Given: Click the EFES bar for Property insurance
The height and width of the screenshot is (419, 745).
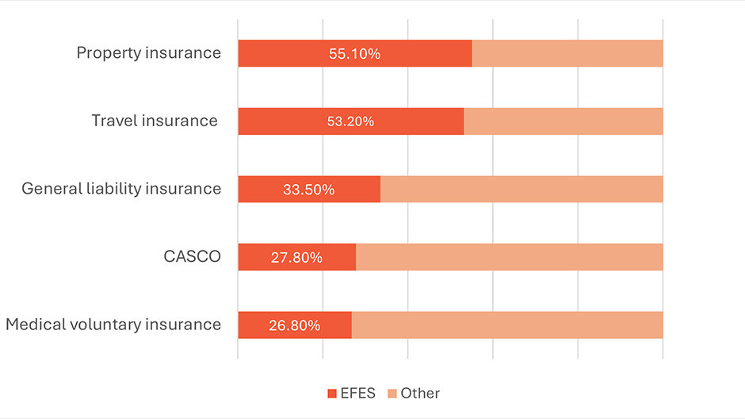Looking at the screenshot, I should point(277,53).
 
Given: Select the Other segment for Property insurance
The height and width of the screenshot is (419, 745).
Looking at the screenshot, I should point(567,53).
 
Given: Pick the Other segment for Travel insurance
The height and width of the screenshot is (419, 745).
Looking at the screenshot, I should point(563,121).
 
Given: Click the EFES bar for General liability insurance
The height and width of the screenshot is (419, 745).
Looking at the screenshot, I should point(262,190).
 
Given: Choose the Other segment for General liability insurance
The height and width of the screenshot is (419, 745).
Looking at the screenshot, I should point(521,190).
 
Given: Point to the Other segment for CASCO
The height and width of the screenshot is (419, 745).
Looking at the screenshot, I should point(509,257).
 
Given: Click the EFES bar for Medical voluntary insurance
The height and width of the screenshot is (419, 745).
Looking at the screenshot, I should point(254,325).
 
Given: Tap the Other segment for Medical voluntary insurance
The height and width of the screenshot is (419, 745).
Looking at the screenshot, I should point(506,325).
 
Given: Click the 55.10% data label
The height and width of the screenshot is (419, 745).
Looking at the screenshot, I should point(354,54).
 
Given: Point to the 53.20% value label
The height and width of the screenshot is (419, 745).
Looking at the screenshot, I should point(350,121).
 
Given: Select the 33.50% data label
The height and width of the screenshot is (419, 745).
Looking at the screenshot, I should point(308,190).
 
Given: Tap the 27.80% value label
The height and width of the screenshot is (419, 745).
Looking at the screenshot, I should point(296,257).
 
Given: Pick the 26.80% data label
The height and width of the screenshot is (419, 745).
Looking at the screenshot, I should point(294,325).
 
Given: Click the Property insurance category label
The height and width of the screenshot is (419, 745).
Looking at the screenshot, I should point(148,53).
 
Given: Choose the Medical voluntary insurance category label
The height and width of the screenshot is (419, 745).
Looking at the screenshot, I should point(113,325).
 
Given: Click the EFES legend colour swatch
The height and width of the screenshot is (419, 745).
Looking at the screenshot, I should point(332,394).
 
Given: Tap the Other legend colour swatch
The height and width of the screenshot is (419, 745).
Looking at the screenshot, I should point(392,394).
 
